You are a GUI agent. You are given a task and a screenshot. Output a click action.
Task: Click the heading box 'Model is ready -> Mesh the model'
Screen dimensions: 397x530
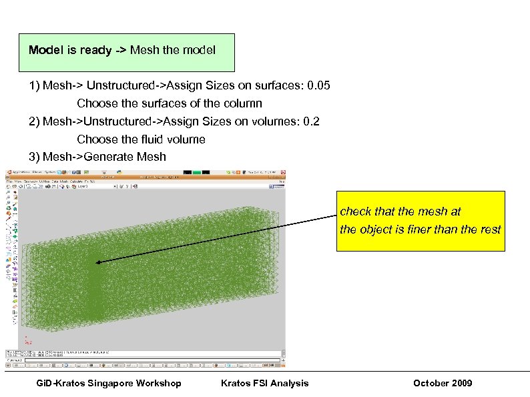[127, 51]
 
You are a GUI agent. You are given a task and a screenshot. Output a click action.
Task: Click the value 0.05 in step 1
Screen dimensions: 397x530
[317, 86]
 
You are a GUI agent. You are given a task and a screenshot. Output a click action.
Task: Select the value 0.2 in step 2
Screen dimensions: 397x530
[311, 121]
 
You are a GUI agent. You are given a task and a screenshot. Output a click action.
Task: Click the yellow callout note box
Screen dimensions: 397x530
[421, 221]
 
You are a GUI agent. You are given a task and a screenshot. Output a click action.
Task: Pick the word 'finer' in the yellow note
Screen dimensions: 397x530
[422, 230]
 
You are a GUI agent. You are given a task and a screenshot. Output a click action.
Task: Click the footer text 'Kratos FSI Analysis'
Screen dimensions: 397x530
[264, 382]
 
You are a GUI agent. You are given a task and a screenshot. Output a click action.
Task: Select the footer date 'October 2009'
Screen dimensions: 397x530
[443, 382]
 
